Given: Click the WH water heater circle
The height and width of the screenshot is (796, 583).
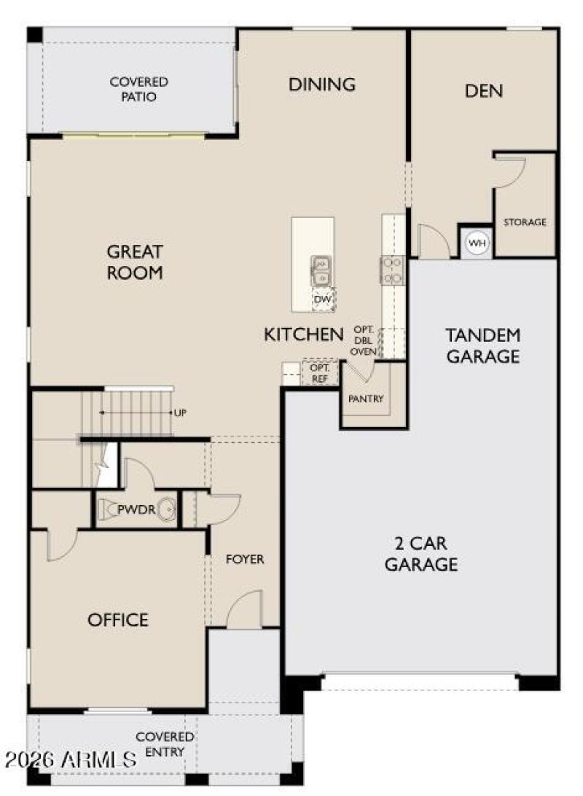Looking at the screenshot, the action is pyautogui.click(x=477, y=243).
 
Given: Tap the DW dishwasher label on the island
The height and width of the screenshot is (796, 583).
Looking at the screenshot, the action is pyautogui.click(x=323, y=300).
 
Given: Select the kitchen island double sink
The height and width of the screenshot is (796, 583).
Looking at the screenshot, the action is pyautogui.click(x=321, y=271).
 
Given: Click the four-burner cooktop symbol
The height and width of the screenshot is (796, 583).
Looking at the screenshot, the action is pyautogui.click(x=392, y=270).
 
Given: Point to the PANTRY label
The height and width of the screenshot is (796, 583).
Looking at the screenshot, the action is pyautogui.click(x=366, y=399).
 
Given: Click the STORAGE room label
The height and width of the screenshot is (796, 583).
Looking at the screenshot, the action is pyautogui.click(x=525, y=222).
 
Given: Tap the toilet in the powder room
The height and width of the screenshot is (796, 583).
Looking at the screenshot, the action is pyautogui.click(x=106, y=510).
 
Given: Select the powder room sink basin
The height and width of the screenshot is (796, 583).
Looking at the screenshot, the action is pyautogui.click(x=166, y=510).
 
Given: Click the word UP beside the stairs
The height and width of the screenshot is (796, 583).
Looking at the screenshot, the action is pyautogui.click(x=180, y=413).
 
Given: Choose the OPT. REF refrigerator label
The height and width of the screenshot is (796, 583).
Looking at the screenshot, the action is pyautogui.click(x=320, y=373).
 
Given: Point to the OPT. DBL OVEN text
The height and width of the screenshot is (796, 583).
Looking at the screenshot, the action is pyautogui.click(x=364, y=340).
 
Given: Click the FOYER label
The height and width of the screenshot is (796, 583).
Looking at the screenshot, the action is pyautogui.click(x=245, y=559).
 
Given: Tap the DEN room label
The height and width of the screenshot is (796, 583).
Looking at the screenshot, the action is pyautogui.click(x=484, y=91).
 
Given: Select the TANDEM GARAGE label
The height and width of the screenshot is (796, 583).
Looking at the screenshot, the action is pyautogui.click(x=483, y=346).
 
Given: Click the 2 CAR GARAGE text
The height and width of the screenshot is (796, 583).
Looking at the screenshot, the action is pyautogui.click(x=421, y=554).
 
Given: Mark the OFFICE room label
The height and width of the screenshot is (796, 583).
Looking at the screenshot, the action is pyautogui.click(x=118, y=620).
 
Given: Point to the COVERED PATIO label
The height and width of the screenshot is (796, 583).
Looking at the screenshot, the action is pyautogui.click(x=138, y=89).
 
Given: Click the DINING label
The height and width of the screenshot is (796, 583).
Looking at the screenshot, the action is pyautogui.click(x=321, y=85).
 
